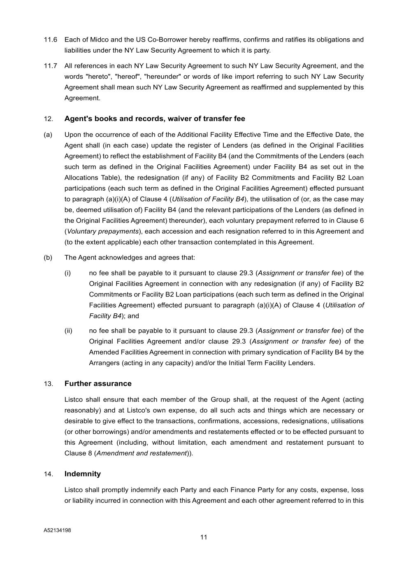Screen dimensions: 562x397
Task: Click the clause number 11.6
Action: click(x=50, y=40)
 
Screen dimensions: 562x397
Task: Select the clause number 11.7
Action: click(x=50, y=66)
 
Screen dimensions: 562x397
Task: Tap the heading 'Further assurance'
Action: click(x=98, y=384)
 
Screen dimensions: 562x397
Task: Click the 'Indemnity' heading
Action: click(x=83, y=474)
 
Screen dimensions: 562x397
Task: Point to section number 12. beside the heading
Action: click(x=49, y=119)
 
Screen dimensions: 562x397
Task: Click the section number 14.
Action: click(x=49, y=474)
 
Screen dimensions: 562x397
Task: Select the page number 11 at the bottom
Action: click(x=204, y=537)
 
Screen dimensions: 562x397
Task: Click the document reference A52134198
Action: click(x=57, y=530)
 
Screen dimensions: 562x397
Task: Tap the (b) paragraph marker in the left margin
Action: click(x=48, y=258)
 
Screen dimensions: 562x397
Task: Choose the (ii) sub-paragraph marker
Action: click(x=68, y=331)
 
